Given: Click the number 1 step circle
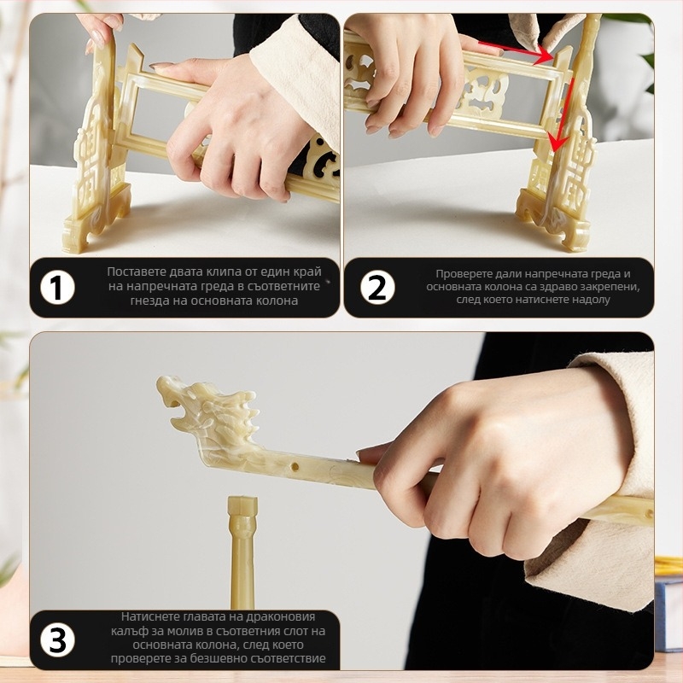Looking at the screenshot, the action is [x=57, y=287].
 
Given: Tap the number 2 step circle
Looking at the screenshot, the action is [x=377, y=287].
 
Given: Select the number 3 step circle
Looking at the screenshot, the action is [x=57, y=639].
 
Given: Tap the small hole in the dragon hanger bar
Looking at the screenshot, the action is [x=295, y=468].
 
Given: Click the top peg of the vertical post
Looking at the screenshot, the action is [x=242, y=505].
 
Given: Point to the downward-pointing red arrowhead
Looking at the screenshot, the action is [x=557, y=143].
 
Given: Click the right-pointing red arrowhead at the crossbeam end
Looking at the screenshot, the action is [x=543, y=55].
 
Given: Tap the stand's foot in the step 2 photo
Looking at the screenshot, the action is [x=553, y=222].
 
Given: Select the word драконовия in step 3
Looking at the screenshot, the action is [x=281, y=616].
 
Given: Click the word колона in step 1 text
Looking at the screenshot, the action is [x=277, y=301].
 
